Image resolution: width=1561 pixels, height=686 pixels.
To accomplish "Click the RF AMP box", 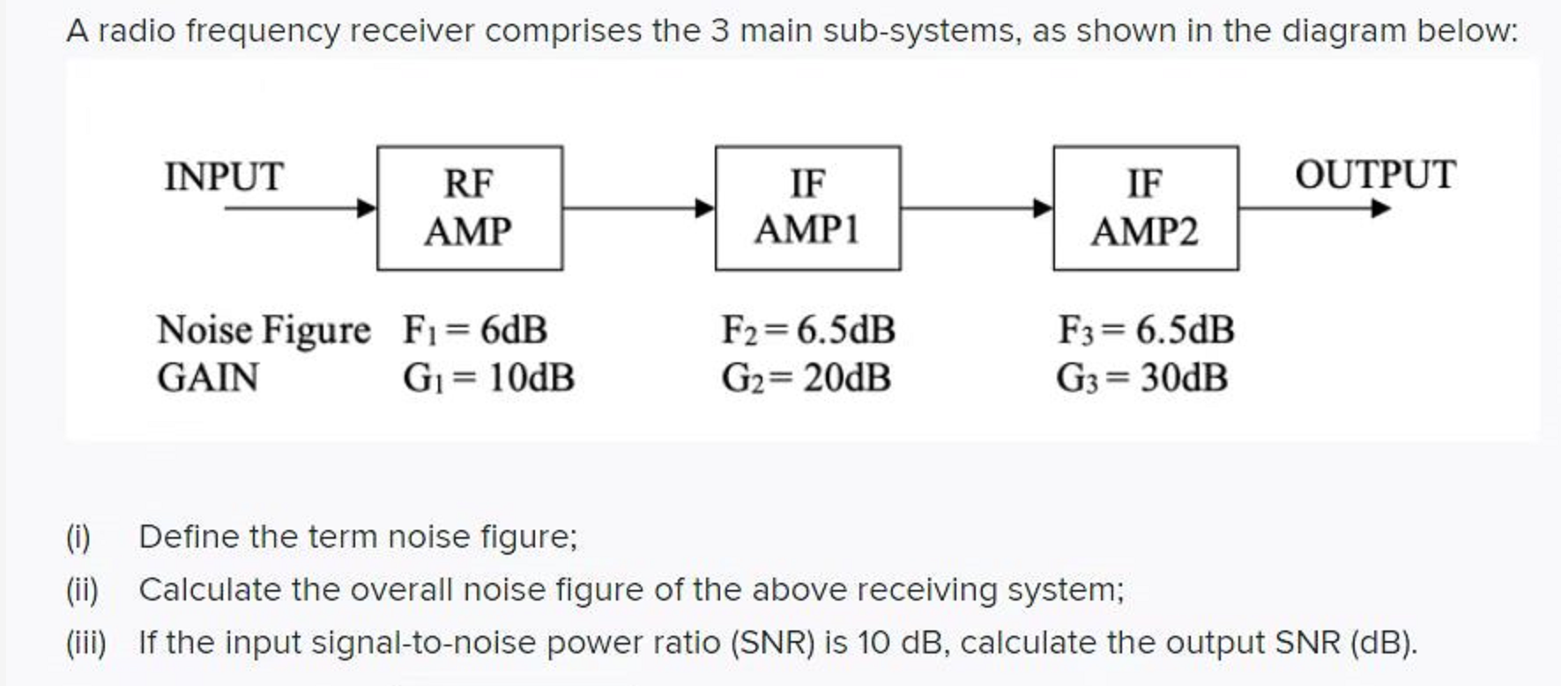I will point(469,208).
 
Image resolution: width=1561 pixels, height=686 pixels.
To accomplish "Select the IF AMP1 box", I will point(807,208).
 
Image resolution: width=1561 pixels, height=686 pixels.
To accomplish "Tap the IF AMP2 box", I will point(1145,208).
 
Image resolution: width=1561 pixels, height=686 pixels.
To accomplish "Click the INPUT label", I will point(224,177).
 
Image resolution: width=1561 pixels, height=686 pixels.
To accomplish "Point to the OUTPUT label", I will point(1375,175).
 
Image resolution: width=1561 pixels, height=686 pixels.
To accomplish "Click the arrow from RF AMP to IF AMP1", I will point(638,208).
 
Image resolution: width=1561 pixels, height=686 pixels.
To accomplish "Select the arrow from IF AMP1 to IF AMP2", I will point(977,208).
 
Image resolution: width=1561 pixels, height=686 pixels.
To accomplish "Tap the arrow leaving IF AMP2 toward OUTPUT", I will point(1313,208).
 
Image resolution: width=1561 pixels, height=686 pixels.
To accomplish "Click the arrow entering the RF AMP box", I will point(300,208).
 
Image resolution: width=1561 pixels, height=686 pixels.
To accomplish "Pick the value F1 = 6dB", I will point(475,331).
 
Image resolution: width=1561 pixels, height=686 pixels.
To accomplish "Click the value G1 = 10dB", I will point(488,379).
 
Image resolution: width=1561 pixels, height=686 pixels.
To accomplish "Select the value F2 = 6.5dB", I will point(808,331).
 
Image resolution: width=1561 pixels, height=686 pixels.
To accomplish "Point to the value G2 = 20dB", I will point(806,379).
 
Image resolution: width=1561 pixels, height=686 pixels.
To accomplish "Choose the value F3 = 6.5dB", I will point(1146,331).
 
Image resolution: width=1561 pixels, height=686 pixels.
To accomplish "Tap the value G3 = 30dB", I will point(1142,379).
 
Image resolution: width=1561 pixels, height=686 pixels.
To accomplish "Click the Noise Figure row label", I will point(264,331).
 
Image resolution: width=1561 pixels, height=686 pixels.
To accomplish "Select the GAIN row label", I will point(208,379).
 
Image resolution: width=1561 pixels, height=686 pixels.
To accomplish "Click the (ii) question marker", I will point(82,590).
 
